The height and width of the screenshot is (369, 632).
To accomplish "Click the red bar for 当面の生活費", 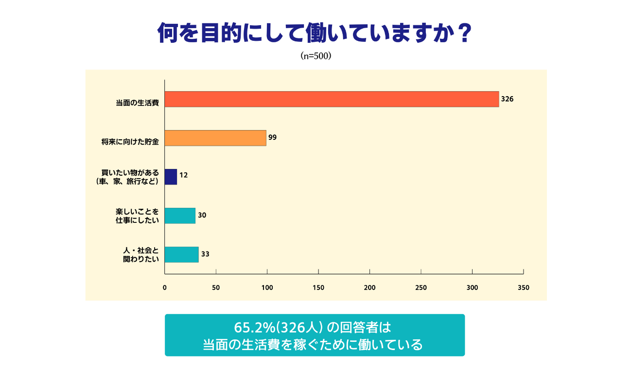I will (x=332, y=99).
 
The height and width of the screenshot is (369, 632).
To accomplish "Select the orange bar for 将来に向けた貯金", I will (x=215, y=138).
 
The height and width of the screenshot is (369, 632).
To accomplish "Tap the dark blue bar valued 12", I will (x=171, y=177).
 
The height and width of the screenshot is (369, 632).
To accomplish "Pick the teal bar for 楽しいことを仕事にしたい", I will (x=180, y=216).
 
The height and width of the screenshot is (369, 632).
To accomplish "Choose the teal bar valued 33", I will (x=181, y=254).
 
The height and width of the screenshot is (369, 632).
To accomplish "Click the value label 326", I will (x=507, y=99).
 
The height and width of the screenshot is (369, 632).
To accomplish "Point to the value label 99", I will (x=272, y=138).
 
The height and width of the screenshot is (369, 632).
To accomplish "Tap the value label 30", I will (x=202, y=215).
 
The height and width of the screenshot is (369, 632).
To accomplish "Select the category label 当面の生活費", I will (x=137, y=103).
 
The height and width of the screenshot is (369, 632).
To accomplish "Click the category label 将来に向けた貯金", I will (x=130, y=142).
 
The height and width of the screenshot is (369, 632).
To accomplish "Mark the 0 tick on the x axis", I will (x=165, y=287).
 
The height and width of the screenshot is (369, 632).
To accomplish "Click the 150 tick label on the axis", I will (x=318, y=287).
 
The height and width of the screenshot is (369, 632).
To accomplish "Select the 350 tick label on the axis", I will (x=523, y=287).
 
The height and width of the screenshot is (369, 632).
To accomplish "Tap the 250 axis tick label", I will (x=421, y=287).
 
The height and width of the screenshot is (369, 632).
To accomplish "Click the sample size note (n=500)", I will (x=316, y=56).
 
